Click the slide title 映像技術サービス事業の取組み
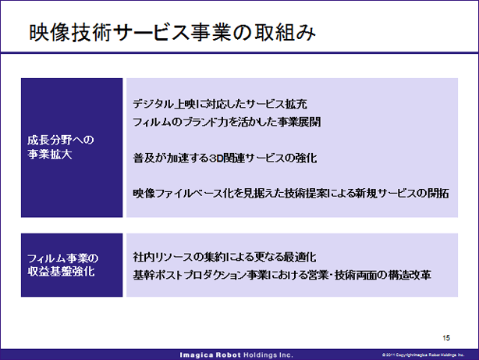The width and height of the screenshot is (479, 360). (172, 33)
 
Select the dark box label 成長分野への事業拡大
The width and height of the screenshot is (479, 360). (61, 147)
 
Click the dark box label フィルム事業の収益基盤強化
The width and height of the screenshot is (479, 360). (62, 265)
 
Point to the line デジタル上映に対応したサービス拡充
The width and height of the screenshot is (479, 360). (220, 104)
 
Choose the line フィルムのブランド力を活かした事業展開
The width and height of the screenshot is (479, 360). (227, 122)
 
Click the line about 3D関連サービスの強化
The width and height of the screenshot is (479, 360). (225, 158)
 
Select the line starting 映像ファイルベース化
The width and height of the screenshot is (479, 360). (291, 194)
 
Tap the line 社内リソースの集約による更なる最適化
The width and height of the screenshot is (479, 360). (225, 257)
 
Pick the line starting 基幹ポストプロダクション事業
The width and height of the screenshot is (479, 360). (282, 275)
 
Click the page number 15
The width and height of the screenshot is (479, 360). (446, 337)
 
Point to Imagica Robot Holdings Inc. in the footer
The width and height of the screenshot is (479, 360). (236, 355)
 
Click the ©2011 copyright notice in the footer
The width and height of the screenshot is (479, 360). (423, 355)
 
